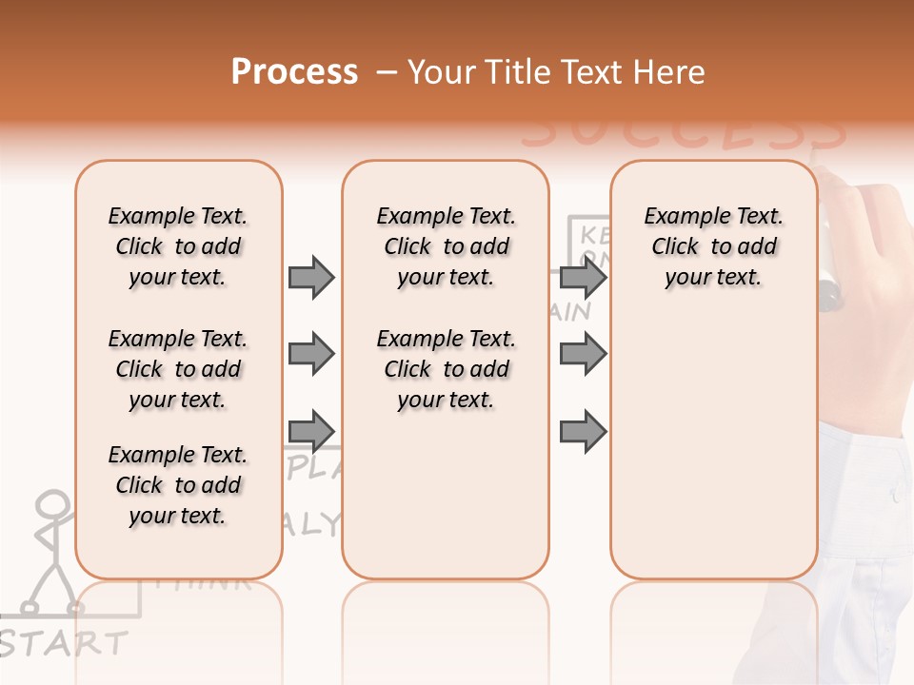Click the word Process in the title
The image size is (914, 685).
click(x=294, y=72)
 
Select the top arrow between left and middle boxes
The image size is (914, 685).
click(x=311, y=277)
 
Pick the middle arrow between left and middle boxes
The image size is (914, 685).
click(x=311, y=354)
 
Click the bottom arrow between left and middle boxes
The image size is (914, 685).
click(x=311, y=430)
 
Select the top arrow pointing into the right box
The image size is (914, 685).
click(x=583, y=277)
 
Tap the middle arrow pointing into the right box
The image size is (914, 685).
click(x=583, y=354)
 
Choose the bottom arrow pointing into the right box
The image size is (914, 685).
click(x=583, y=431)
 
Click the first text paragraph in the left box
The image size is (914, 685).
click(x=178, y=246)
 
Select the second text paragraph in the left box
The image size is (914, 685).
click(x=178, y=369)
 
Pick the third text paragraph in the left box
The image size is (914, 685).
click(x=178, y=485)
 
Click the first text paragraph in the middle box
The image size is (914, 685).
click(x=447, y=246)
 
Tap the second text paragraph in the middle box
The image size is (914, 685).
click(x=447, y=369)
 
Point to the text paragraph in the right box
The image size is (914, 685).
click(x=714, y=246)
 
